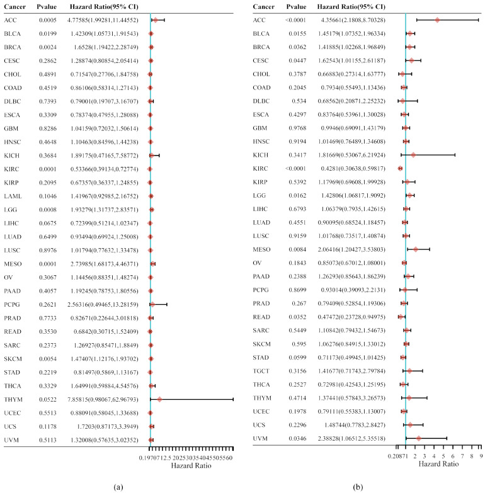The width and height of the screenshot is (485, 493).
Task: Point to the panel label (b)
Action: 365,485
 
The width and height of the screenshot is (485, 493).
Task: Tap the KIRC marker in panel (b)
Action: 400,168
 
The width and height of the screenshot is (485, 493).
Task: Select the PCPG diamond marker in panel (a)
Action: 152,305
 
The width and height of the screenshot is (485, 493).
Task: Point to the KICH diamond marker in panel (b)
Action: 413,154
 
